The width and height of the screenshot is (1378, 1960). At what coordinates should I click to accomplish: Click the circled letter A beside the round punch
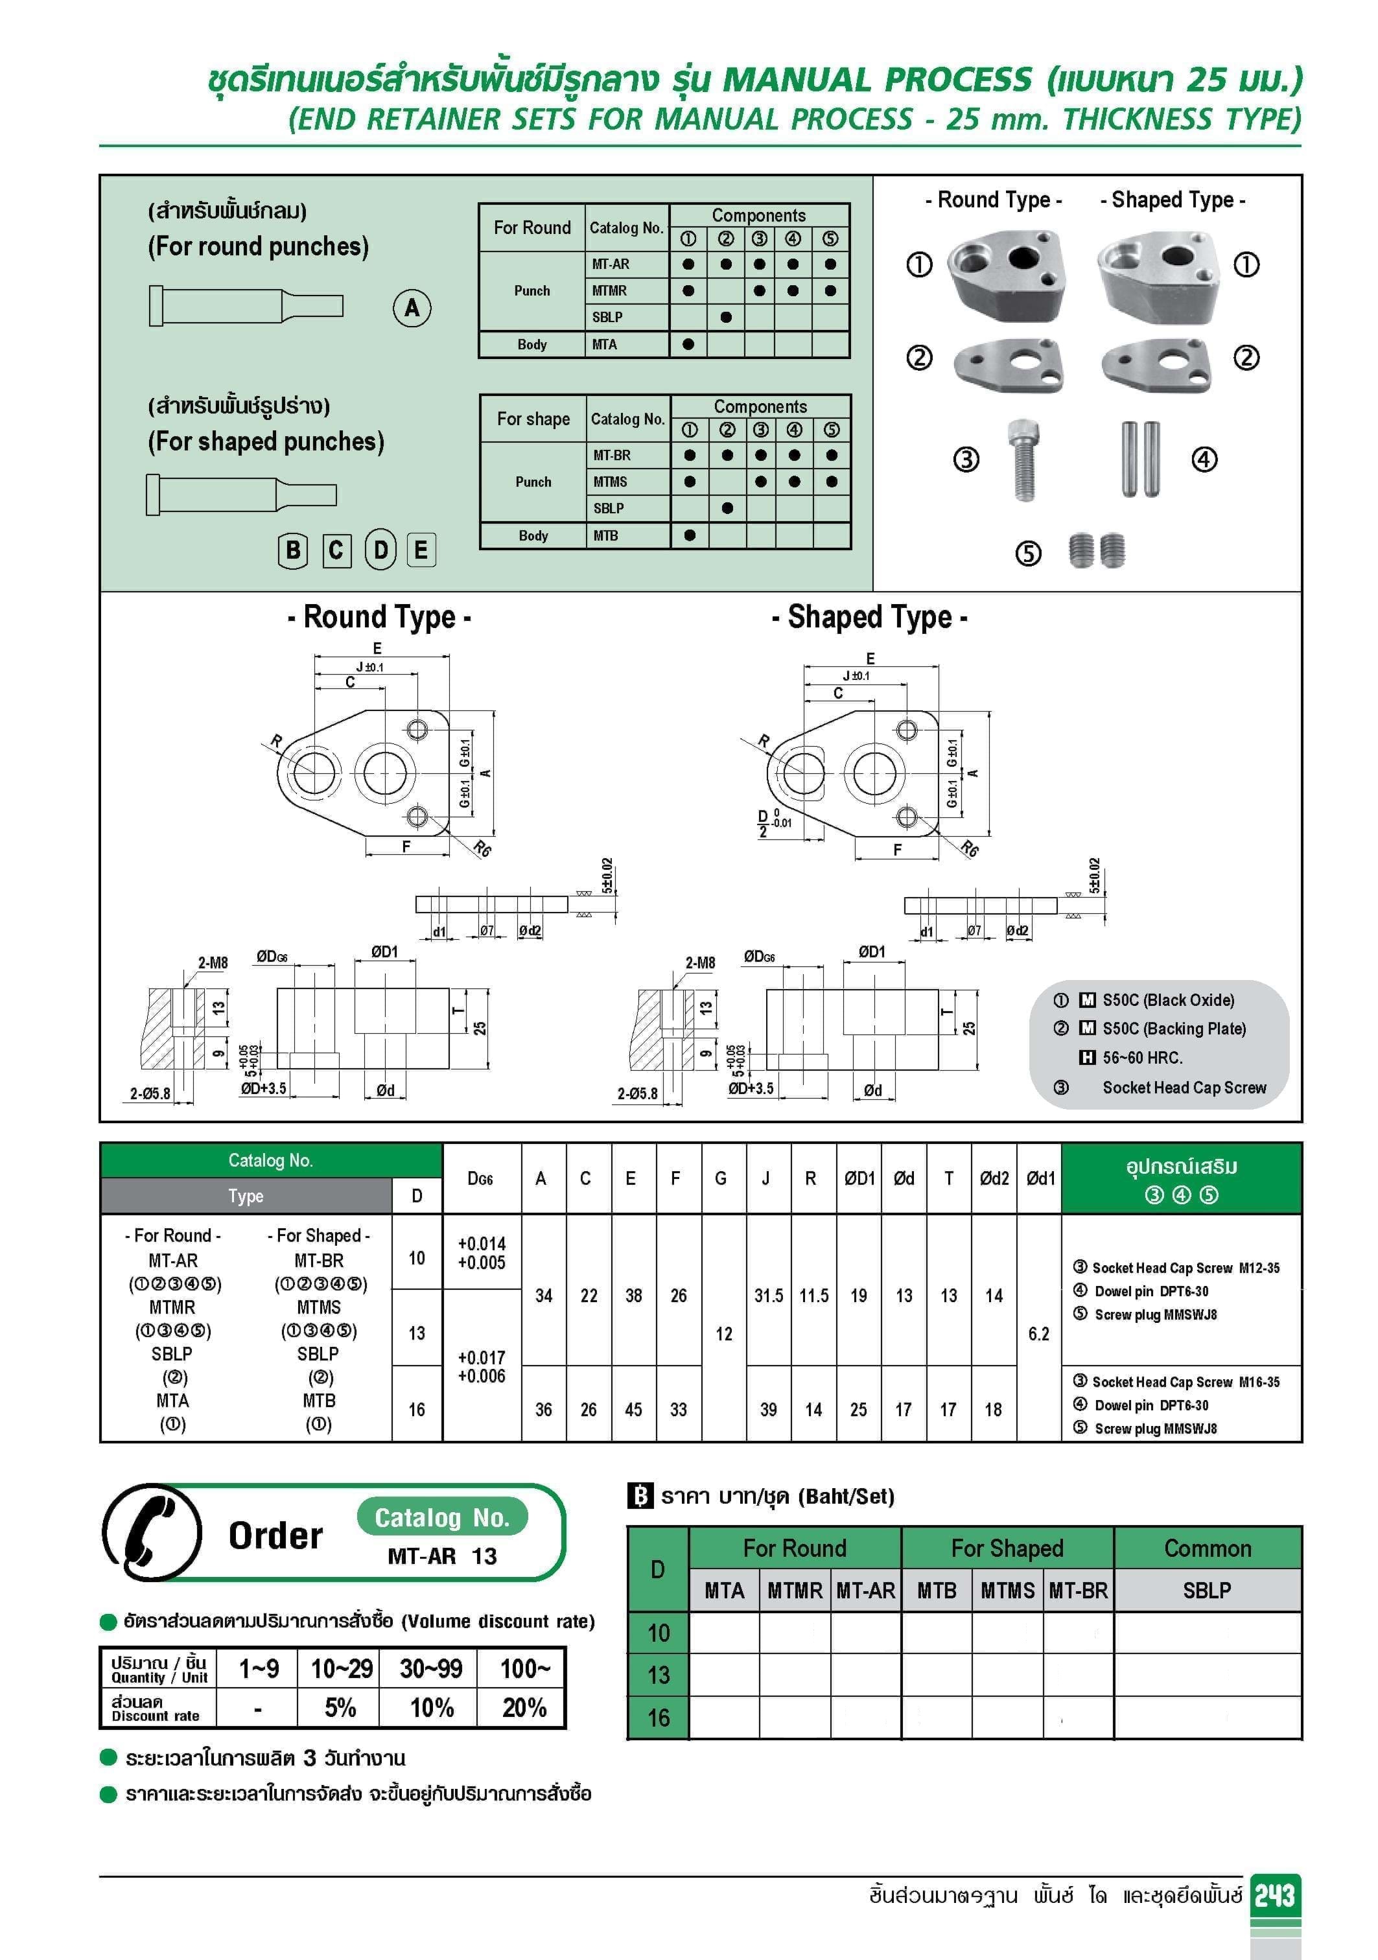[412, 308]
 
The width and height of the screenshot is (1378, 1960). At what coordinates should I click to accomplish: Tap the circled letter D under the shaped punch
[380, 550]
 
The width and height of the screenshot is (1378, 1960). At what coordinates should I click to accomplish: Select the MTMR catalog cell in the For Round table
[609, 291]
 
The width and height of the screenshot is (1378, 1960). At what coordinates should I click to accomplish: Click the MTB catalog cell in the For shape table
[606, 536]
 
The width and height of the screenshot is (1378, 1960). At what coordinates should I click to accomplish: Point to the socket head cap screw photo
[1023, 460]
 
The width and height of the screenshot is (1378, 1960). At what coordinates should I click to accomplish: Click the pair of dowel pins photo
[1139, 460]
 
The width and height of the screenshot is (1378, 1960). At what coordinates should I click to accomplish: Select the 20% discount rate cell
[523, 1707]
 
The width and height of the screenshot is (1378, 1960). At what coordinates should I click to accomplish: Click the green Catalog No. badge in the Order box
[442, 1517]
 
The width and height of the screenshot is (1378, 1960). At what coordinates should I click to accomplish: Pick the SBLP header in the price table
[1206, 1591]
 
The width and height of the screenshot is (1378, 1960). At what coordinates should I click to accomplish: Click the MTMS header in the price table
[1007, 1591]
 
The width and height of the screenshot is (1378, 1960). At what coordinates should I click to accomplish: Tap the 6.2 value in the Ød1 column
[1038, 1333]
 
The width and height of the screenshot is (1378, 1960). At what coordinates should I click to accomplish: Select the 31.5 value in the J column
[769, 1296]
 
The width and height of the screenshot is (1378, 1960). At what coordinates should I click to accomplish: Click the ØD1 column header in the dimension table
[859, 1179]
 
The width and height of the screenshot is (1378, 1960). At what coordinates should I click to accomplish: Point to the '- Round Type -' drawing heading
[379, 616]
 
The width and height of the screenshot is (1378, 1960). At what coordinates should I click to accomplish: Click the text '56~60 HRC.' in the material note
[1141, 1058]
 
